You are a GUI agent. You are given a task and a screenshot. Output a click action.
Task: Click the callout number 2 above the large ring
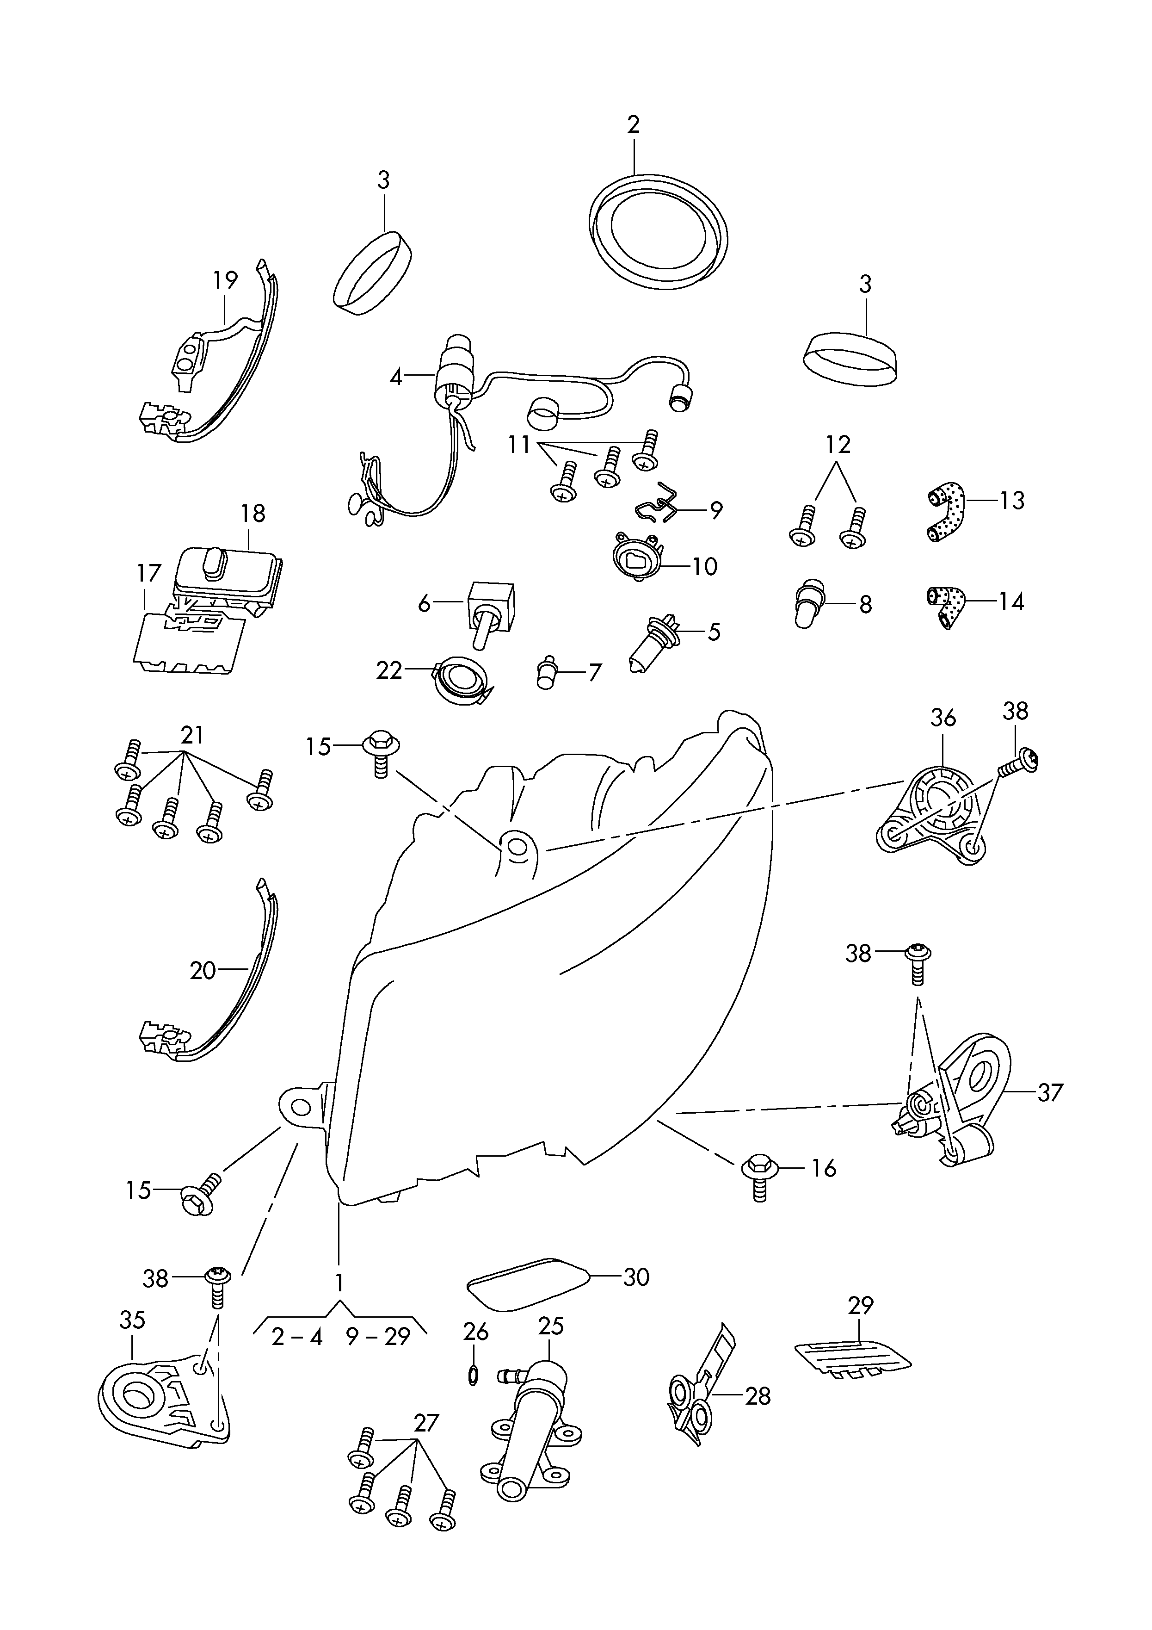[633, 125]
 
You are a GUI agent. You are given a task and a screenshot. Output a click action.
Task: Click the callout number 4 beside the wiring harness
[395, 376]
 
